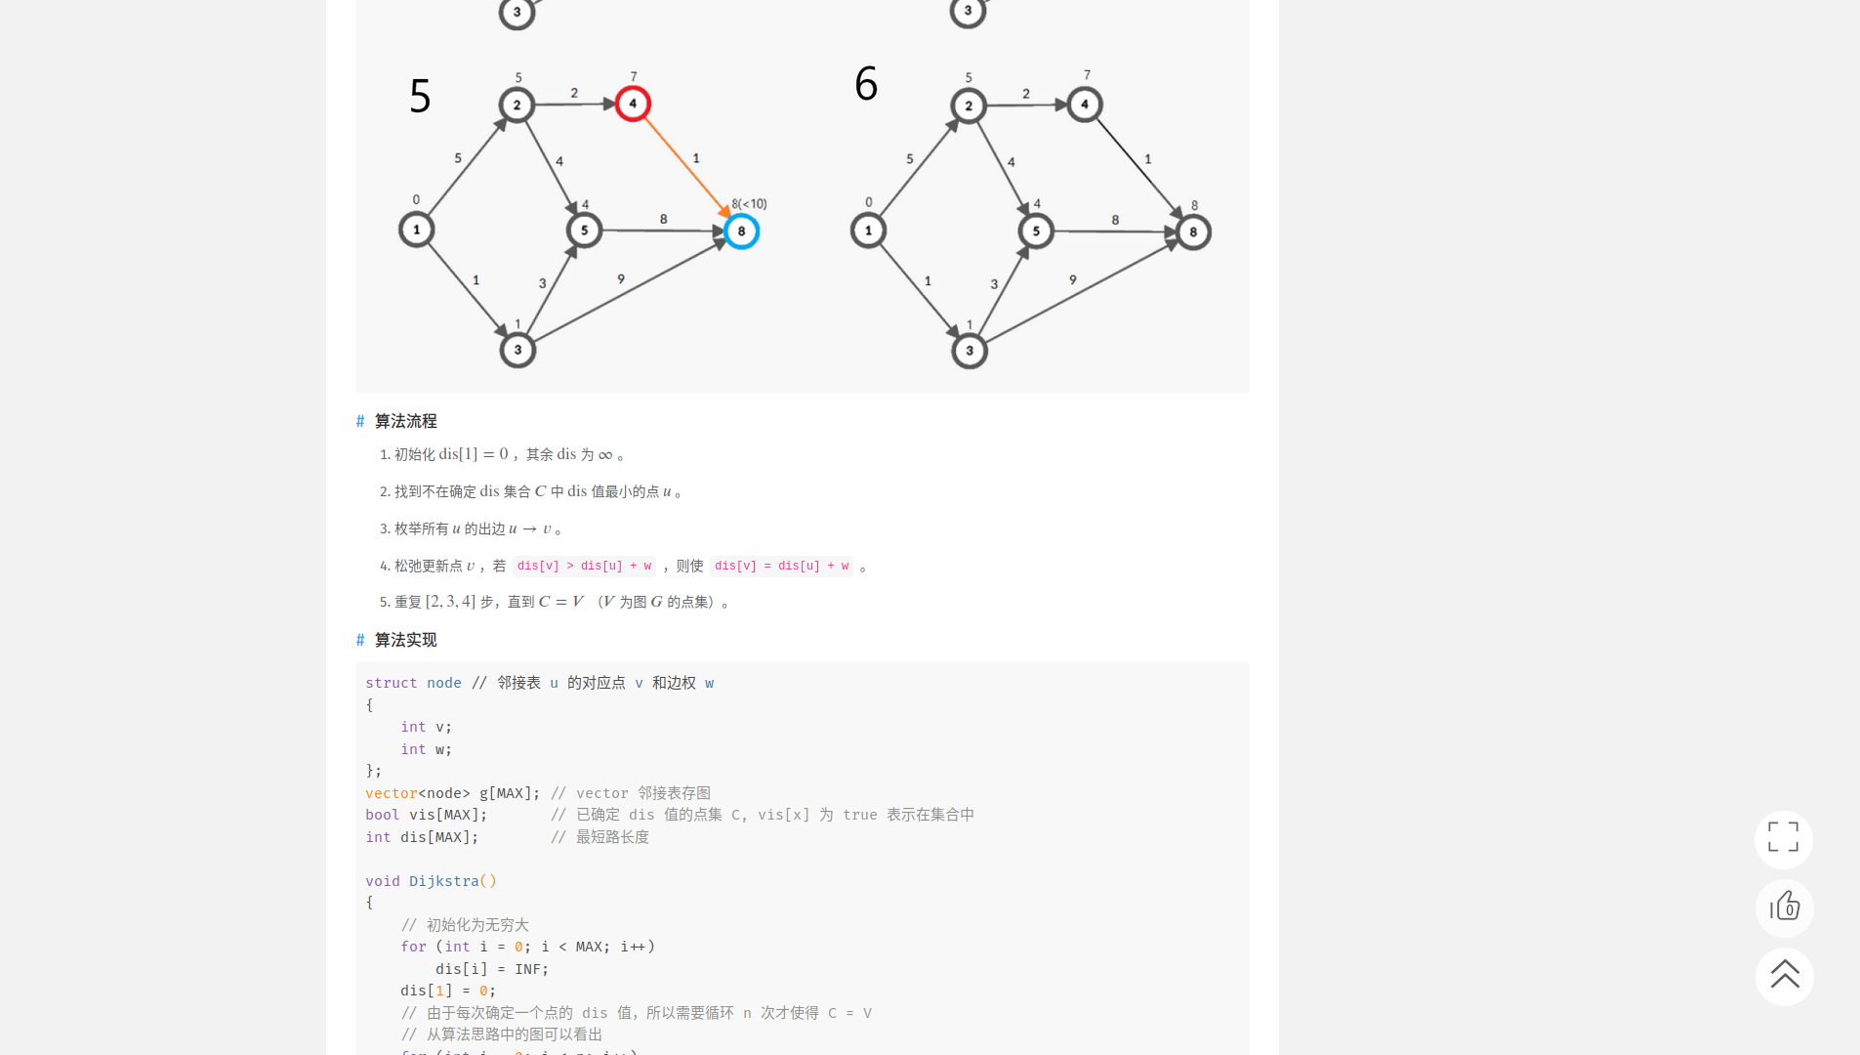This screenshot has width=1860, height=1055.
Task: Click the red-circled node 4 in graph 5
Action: (633, 104)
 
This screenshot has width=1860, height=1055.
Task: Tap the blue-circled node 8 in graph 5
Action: (742, 232)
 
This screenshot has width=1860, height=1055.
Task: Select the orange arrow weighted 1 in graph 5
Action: (686, 167)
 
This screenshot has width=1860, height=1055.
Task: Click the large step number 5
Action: (420, 96)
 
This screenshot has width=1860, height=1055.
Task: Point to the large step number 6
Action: (866, 84)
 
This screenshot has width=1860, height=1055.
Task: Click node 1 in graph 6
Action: (868, 231)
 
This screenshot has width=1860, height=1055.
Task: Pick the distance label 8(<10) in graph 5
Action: (749, 204)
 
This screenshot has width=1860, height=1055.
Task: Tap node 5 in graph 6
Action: (1036, 232)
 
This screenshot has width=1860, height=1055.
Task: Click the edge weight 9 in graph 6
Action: (1072, 280)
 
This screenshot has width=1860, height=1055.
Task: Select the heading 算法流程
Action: (405, 421)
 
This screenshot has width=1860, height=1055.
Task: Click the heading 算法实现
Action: (405, 640)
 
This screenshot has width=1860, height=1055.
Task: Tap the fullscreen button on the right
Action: (1783, 838)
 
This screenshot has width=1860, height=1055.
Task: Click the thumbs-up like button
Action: (1784, 907)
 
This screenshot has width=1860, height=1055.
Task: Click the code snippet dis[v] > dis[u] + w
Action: (584, 566)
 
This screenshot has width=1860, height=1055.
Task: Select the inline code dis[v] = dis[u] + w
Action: (781, 566)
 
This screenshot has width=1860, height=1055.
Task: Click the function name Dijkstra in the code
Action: (443, 881)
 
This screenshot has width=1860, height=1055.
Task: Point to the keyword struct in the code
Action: (391, 683)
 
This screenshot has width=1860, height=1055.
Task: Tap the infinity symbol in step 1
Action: (605, 455)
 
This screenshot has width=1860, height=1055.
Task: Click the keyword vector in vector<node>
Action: (391, 793)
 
